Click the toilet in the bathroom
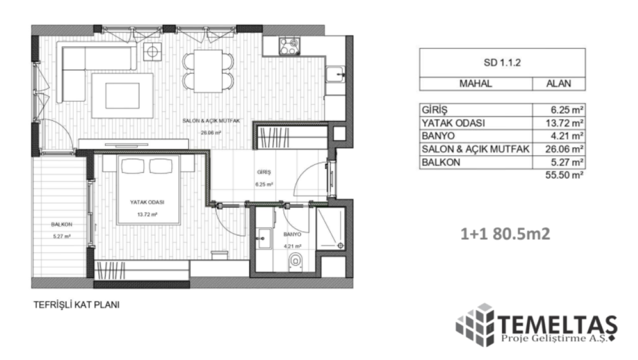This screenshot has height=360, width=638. [295, 261]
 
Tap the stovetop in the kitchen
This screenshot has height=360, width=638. [289, 46]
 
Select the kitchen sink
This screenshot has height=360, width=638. [335, 74]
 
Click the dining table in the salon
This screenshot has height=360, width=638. [208, 71]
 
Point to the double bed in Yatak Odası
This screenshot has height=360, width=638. [148, 189]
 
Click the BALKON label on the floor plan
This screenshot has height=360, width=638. [61, 224]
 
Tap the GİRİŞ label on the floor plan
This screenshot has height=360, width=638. [264, 172]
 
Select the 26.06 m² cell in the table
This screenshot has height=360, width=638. [559, 149]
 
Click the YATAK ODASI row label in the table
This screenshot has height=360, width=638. [453, 123]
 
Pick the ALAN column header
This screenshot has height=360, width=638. [558, 83]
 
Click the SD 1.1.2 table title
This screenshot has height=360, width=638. [502, 62]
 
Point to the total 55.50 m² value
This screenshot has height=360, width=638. [564, 175]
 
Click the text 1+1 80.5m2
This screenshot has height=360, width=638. [505, 234]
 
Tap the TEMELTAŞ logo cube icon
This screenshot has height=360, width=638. [475, 325]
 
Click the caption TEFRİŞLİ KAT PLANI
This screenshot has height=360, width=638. [76, 304]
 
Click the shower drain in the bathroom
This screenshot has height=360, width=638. [340, 245]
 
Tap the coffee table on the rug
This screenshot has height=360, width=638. [122, 95]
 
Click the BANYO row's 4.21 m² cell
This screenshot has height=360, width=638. [559, 136]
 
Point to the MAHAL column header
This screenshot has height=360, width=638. [475, 83]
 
